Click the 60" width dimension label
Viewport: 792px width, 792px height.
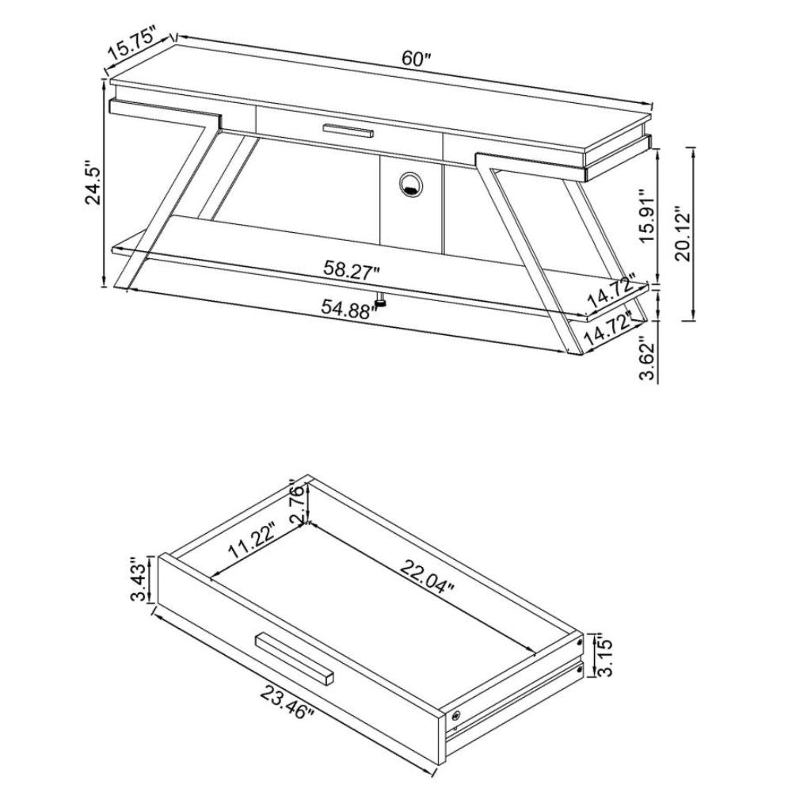[416, 59]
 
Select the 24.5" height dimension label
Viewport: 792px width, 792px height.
[94, 183]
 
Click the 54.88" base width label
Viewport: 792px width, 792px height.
[350, 307]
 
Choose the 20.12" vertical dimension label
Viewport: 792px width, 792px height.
[683, 233]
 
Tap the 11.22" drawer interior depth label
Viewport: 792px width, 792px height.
[252, 540]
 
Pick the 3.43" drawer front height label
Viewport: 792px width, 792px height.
[139, 579]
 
